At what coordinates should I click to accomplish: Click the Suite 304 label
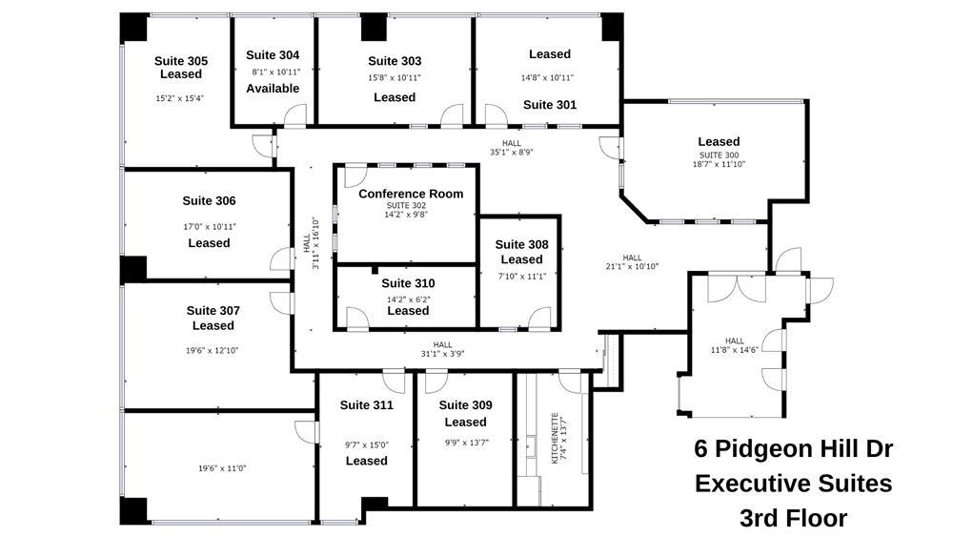pyautogui.click(x=273, y=55)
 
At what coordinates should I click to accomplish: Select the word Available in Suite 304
pyautogui.click(x=273, y=89)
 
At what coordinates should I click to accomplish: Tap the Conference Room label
pyautogui.click(x=411, y=194)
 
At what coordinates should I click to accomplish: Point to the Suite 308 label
pyautogui.click(x=521, y=245)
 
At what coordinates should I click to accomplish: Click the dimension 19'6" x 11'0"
pyautogui.click(x=223, y=468)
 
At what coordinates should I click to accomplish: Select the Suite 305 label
pyautogui.click(x=181, y=61)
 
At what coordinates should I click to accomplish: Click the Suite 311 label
pyautogui.click(x=367, y=405)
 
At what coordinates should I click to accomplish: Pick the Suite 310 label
pyautogui.click(x=408, y=283)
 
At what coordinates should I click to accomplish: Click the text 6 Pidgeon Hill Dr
pyautogui.click(x=793, y=449)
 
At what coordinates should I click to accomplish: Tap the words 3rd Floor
pyautogui.click(x=793, y=518)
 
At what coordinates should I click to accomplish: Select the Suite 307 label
pyautogui.click(x=213, y=311)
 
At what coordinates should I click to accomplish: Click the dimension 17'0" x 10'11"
pyautogui.click(x=209, y=226)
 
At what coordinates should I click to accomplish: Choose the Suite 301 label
pyautogui.click(x=550, y=105)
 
